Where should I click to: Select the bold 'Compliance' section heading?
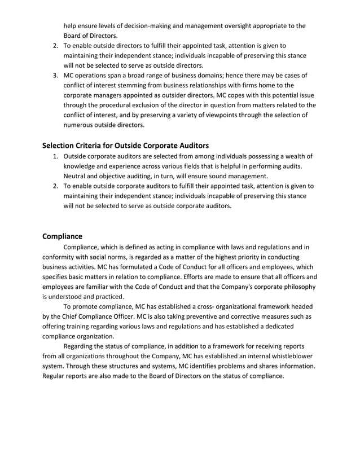tap(63, 236)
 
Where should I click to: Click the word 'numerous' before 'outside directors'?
tap(80, 125)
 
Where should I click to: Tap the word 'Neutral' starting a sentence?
tap(77, 176)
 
